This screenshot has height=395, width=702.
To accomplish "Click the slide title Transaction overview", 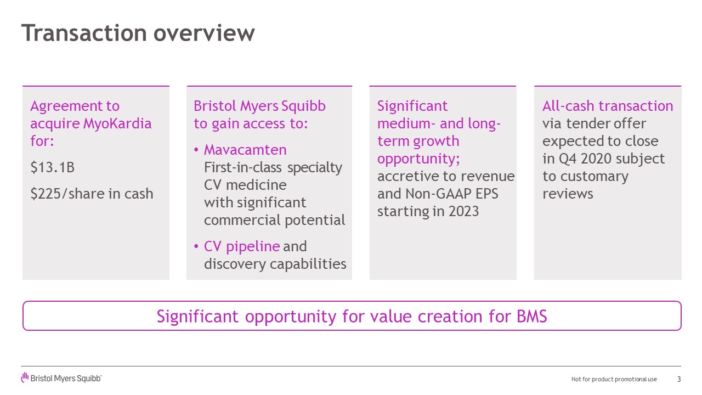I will pyautogui.click(x=138, y=33).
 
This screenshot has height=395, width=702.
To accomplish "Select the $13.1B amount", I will pyautogui.click(x=52, y=167).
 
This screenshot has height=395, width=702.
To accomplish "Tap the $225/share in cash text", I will pyautogui.click(x=92, y=194).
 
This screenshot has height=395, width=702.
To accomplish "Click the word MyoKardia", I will pyautogui.click(x=117, y=123).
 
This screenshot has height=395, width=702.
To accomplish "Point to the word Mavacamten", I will pyautogui.click(x=245, y=150).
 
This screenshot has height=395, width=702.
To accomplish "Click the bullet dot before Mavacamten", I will pyautogui.click(x=197, y=150).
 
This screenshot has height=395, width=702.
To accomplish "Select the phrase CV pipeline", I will pyautogui.click(x=242, y=246).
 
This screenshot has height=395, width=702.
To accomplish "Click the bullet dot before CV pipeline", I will pyautogui.click(x=197, y=247).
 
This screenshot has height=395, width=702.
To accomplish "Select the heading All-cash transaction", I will pyautogui.click(x=608, y=106).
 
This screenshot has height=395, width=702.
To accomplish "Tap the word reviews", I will pyautogui.click(x=568, y=194).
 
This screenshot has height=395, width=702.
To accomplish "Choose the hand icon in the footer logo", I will pyautogui.click(x=25, y=377).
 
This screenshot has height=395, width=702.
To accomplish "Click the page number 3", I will pyautogui.click(x=679, y=379).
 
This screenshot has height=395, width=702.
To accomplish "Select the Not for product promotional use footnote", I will pyautogui.click(x=614, y=380).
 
